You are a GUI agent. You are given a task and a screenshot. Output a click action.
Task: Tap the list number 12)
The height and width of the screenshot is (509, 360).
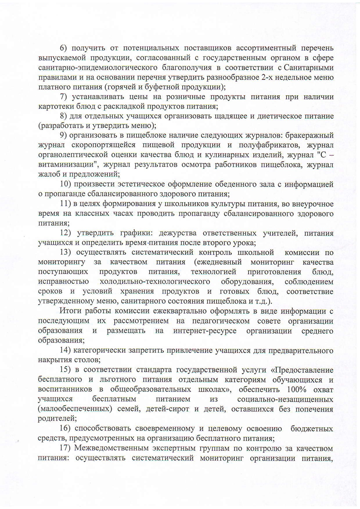click(x=66, y=233)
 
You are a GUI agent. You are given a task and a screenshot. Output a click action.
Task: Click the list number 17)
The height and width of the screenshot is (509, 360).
click(x=66, y=448)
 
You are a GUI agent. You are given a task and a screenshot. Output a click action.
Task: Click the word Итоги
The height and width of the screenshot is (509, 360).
click(x=70, y=310)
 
